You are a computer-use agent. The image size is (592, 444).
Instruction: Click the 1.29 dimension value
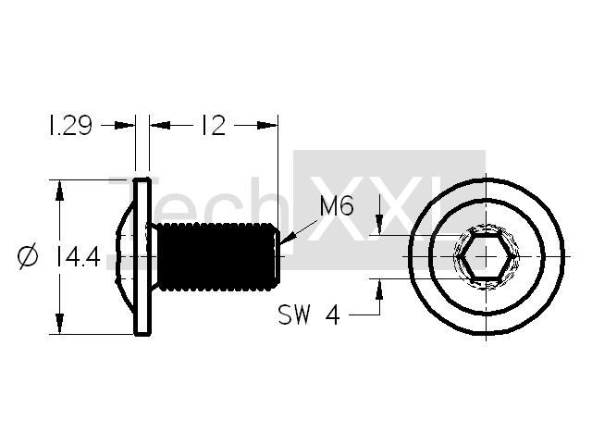(x=69, y=126)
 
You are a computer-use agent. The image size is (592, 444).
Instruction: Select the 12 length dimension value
(x=214, y=126)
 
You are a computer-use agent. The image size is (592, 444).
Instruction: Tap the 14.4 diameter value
(x=78, y=257)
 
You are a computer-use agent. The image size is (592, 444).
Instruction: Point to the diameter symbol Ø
(x=28, y=257)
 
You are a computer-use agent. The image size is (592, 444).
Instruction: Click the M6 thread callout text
(x=337, y=206)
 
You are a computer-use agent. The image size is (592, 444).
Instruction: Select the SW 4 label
(x=309, y=314)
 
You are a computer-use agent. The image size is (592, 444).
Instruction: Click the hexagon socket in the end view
(x=486, y=256)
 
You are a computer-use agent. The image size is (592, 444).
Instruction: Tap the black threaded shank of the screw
(x=218, y=257)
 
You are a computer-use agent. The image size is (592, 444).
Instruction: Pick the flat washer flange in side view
(x=142, y=257)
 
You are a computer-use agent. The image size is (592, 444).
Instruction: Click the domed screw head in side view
(x=126, y=257)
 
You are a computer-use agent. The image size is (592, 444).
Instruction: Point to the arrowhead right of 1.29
(x=125, y=125)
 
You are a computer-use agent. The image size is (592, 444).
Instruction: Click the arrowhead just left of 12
(x=160, y=125)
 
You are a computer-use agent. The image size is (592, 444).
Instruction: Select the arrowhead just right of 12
(x=267, y=125)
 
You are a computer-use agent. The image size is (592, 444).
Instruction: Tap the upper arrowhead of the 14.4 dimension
(x=59, y=191)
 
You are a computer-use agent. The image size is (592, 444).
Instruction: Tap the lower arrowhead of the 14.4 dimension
(x=59, y=324)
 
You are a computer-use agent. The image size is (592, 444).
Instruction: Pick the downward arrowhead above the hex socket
(x=379, y=224)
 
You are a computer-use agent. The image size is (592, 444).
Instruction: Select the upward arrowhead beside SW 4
(x=379, y=290)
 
